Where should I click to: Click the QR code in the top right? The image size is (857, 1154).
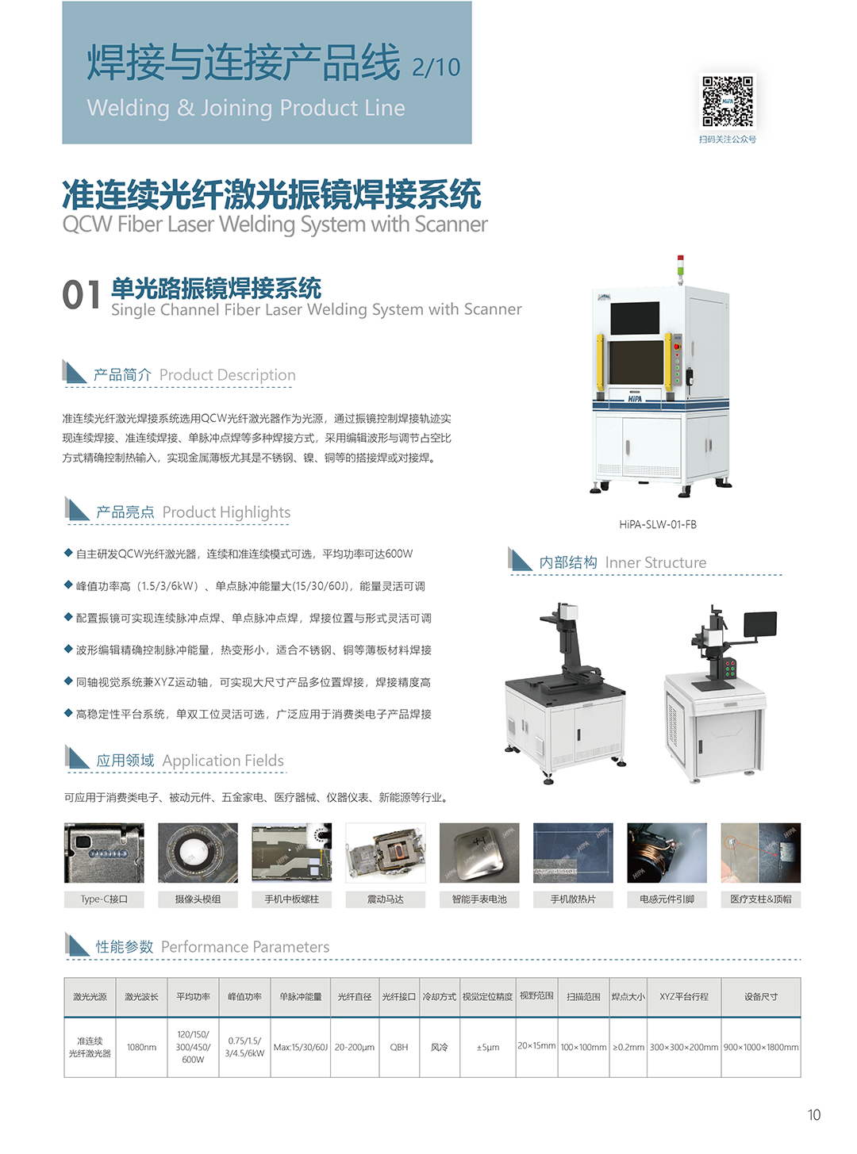click(727, 102)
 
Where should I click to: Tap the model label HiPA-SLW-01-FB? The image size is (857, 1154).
click(657, 524)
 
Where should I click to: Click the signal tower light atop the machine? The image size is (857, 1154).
click(680, 269)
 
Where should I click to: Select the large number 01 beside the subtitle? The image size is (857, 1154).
click(81, 294)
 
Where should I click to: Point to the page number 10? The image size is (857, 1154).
click(813, 1115)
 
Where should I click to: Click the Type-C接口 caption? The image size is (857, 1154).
click(104, 899)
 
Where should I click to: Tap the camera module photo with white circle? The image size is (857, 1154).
click(198, 853)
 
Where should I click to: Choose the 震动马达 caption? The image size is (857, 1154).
click(386, 899)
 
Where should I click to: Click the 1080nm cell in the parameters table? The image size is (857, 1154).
click(141, 1047)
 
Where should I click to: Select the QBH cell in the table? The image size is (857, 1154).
click(399, 1047)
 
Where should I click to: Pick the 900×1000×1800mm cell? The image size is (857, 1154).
click(761, 1047)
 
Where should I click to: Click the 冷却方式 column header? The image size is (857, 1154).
click(439, 996)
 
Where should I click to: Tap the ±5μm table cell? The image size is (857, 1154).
click(488, 1047)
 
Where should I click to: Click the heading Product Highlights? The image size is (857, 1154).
click(226, 512)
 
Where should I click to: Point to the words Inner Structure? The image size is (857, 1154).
click(655, 562)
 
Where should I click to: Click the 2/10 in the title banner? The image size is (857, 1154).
click(436, 67)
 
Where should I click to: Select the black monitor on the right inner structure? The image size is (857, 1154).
click(760, 624)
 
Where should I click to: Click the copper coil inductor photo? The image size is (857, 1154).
click(667, 853)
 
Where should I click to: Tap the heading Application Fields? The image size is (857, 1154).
click(223, 760)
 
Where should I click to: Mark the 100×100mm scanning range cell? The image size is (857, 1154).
click(583, 1047)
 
